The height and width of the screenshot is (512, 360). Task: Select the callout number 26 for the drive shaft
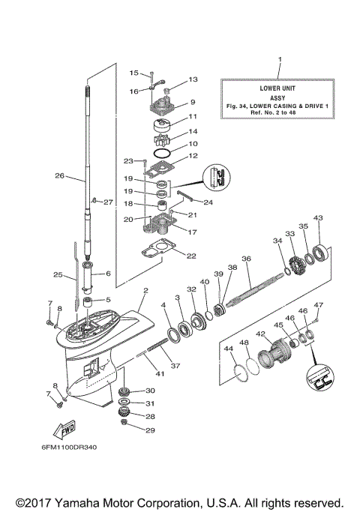[x=59, y=177]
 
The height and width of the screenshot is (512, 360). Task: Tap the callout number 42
[x=260, y=334]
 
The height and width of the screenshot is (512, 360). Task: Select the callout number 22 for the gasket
[x=191, y=256]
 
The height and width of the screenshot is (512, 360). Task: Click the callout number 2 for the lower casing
[x=145, y=290]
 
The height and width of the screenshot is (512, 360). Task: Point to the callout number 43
[x=318, y=218]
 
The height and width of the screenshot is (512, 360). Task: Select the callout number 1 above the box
[x=280, y=58]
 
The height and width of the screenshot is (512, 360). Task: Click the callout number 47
[x=318, y=305]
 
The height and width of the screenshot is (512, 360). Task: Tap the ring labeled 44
[x=238, y=370]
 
